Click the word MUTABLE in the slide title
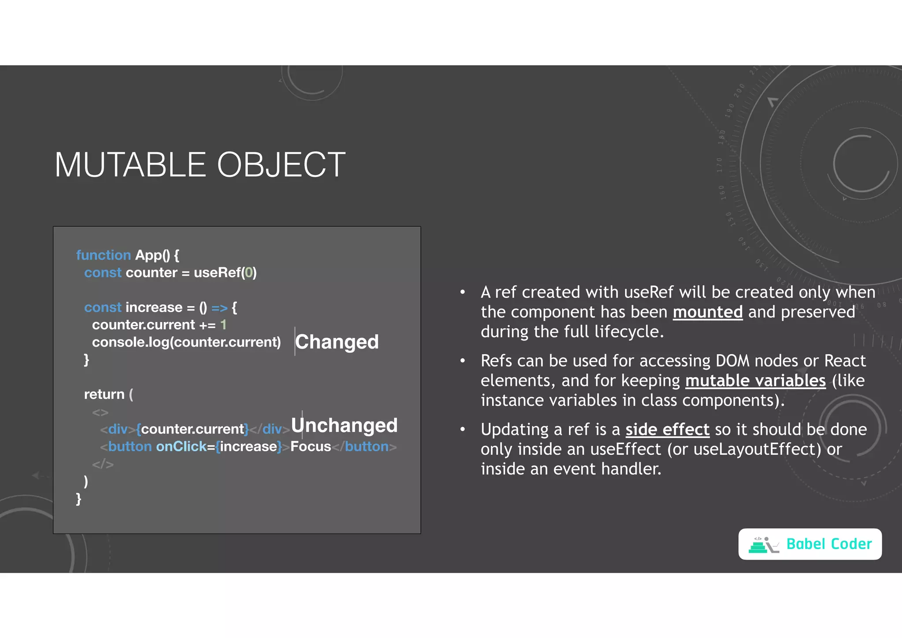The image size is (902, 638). tap(130, 165)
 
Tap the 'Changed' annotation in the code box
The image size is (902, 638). tap(337, 342)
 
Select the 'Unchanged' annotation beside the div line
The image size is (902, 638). tap(344, 426)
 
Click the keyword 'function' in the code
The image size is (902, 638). tap(104, 255)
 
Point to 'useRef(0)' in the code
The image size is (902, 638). tap(225, 273)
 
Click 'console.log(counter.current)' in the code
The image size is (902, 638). tap(186, 342)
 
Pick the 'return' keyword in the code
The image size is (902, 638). tap(104, 394)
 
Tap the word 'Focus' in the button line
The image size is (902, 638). tap(311, 447)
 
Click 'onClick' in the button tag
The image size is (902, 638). tap(181, 447)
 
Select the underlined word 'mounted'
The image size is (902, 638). tap(707, 312)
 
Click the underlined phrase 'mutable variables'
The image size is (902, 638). tap(755, 381)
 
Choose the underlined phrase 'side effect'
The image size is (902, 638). tap(667, 430)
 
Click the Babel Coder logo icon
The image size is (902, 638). tap(763, 545)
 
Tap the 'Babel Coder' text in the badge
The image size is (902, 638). tap(829, 544)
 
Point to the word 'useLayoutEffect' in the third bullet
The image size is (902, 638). tap(748, 449)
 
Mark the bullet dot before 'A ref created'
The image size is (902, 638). tap(462, 293)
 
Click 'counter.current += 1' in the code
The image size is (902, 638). tap(159, 325)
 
